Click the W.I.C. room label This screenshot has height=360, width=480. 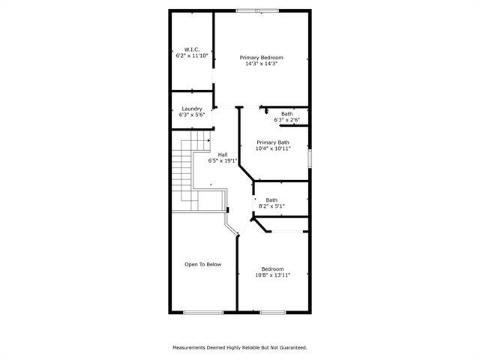pos(191,49)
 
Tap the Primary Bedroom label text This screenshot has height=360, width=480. pos(261,58)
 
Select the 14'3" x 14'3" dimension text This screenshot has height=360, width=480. pos(261,64)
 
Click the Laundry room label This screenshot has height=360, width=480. pos(191,109)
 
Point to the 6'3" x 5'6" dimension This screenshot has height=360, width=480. pos(191,115)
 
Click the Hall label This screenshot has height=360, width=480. pos(223,154)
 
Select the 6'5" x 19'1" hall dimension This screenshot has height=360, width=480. pos(223,160)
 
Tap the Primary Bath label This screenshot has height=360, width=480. pos(273,142)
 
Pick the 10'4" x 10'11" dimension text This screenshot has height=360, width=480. pos(273,148)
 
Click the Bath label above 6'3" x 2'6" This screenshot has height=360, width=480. pos(287,114)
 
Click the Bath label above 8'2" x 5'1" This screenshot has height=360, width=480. pos(271,199)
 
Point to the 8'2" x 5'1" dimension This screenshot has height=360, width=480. pos(271,205)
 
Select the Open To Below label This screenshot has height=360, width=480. pos(203,264)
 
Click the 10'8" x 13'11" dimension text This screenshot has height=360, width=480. pos(272,275)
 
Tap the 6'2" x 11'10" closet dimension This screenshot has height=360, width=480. pos(191,55)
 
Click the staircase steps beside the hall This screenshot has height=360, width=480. pos(183,169)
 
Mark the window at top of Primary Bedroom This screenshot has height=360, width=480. pos(255,10)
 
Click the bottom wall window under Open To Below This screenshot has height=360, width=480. pos(203,312)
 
